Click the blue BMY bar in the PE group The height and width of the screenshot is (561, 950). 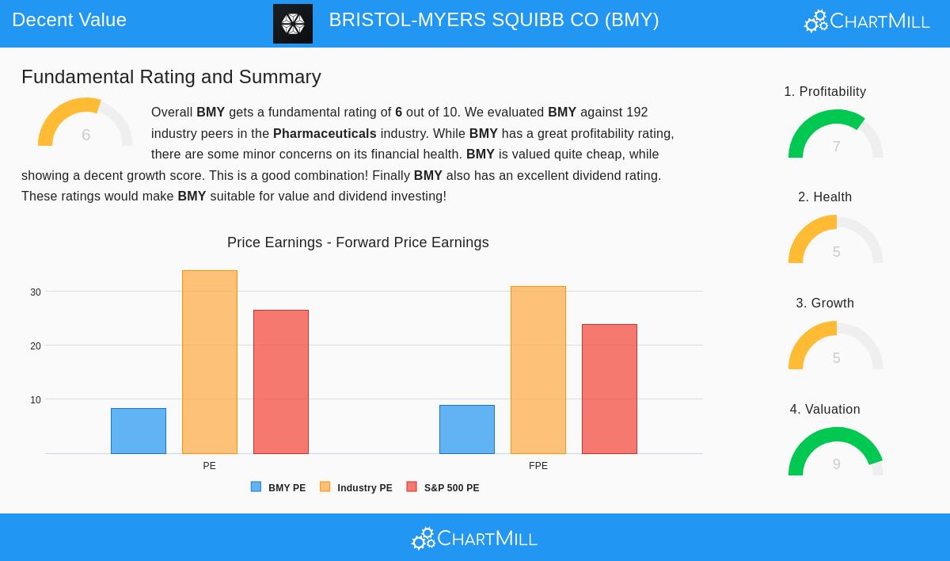[x=139, y=431]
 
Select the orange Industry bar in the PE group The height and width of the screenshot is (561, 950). [x=210, y=362]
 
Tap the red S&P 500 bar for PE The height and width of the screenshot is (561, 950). [x=281, y=382]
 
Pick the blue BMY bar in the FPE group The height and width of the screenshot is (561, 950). [x=467, y=429]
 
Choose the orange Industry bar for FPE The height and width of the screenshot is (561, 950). [x=538, y=370]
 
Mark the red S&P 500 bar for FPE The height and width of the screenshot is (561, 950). [x=610, y=389]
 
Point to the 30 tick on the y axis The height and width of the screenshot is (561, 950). [x=36, y=292]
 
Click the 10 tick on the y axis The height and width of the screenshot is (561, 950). [x=36, y=400]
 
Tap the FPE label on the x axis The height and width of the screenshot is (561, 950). [x=538, y=466]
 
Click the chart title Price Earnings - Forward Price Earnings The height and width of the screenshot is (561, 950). [x=358, y=242]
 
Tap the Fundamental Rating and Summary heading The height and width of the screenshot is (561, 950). [x=171, y=77]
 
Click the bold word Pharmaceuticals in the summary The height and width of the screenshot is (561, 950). [x=325, y=133]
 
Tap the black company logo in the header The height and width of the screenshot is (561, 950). [x=293, y=24]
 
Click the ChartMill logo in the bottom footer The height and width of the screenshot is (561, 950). [x=474, y=539]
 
